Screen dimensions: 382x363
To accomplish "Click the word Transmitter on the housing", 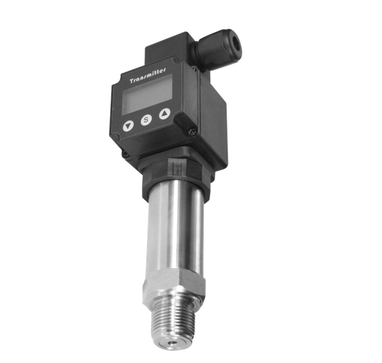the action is [x=148, y=76].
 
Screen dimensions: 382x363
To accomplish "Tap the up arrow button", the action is [x=165, y=113].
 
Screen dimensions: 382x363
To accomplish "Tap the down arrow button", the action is [x=128, y=126].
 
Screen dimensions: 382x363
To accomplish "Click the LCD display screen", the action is [x=147, y=94].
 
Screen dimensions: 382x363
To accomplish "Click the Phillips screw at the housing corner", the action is [x=192, y=132].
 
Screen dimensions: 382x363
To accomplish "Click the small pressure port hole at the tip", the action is [x=173, y=343].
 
